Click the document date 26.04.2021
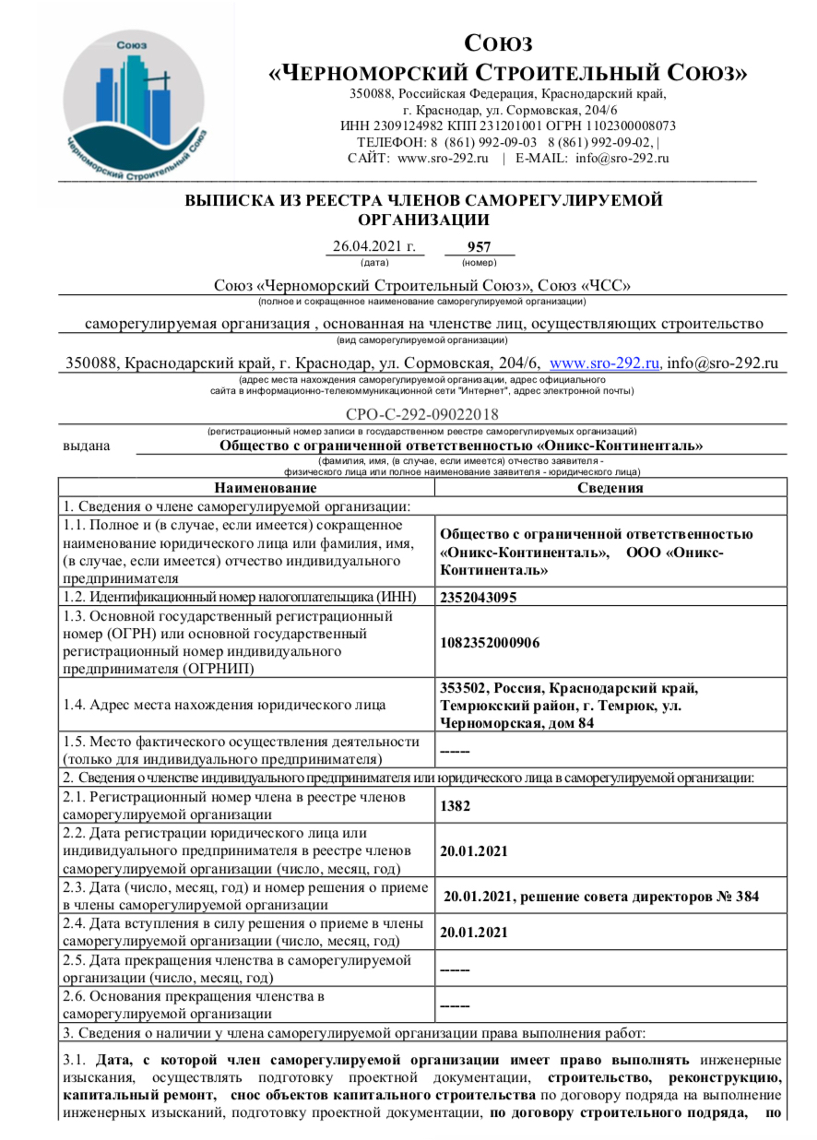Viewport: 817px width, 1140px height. (x=373, y=247)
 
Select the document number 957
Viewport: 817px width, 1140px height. (x=479, y=247)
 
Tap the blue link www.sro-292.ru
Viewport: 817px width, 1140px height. (x=605, y=363)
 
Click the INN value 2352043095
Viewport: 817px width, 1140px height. (x=479, y=596)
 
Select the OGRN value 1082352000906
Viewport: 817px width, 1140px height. (x=491, y=642)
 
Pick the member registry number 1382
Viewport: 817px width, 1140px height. (x=456, y=805)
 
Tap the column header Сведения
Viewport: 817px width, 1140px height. (x=610, y=488)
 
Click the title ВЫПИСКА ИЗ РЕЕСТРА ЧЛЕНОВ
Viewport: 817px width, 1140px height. (x=423, y=200)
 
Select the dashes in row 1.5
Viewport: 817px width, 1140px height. (x=456, y=751)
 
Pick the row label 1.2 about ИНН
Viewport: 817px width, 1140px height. (x=243, y=596)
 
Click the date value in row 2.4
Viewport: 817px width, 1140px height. (x=475, y=932)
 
